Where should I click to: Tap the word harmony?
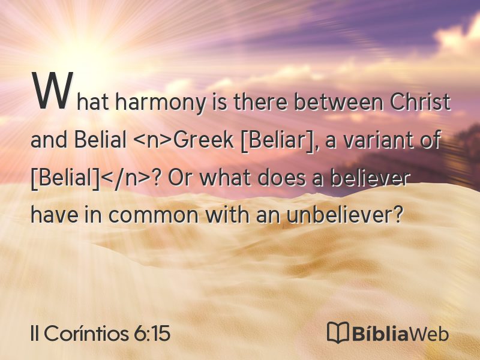tap(160, 103)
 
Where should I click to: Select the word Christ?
tap(419, 101)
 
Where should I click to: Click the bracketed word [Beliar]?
tap(279, 140)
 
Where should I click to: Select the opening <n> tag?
tap(152, 140)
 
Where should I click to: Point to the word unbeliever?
tap(344, 215)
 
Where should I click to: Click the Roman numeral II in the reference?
tap(35, 333)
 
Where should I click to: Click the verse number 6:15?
tap(152, 333)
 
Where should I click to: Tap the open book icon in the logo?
tap(338, 332)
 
